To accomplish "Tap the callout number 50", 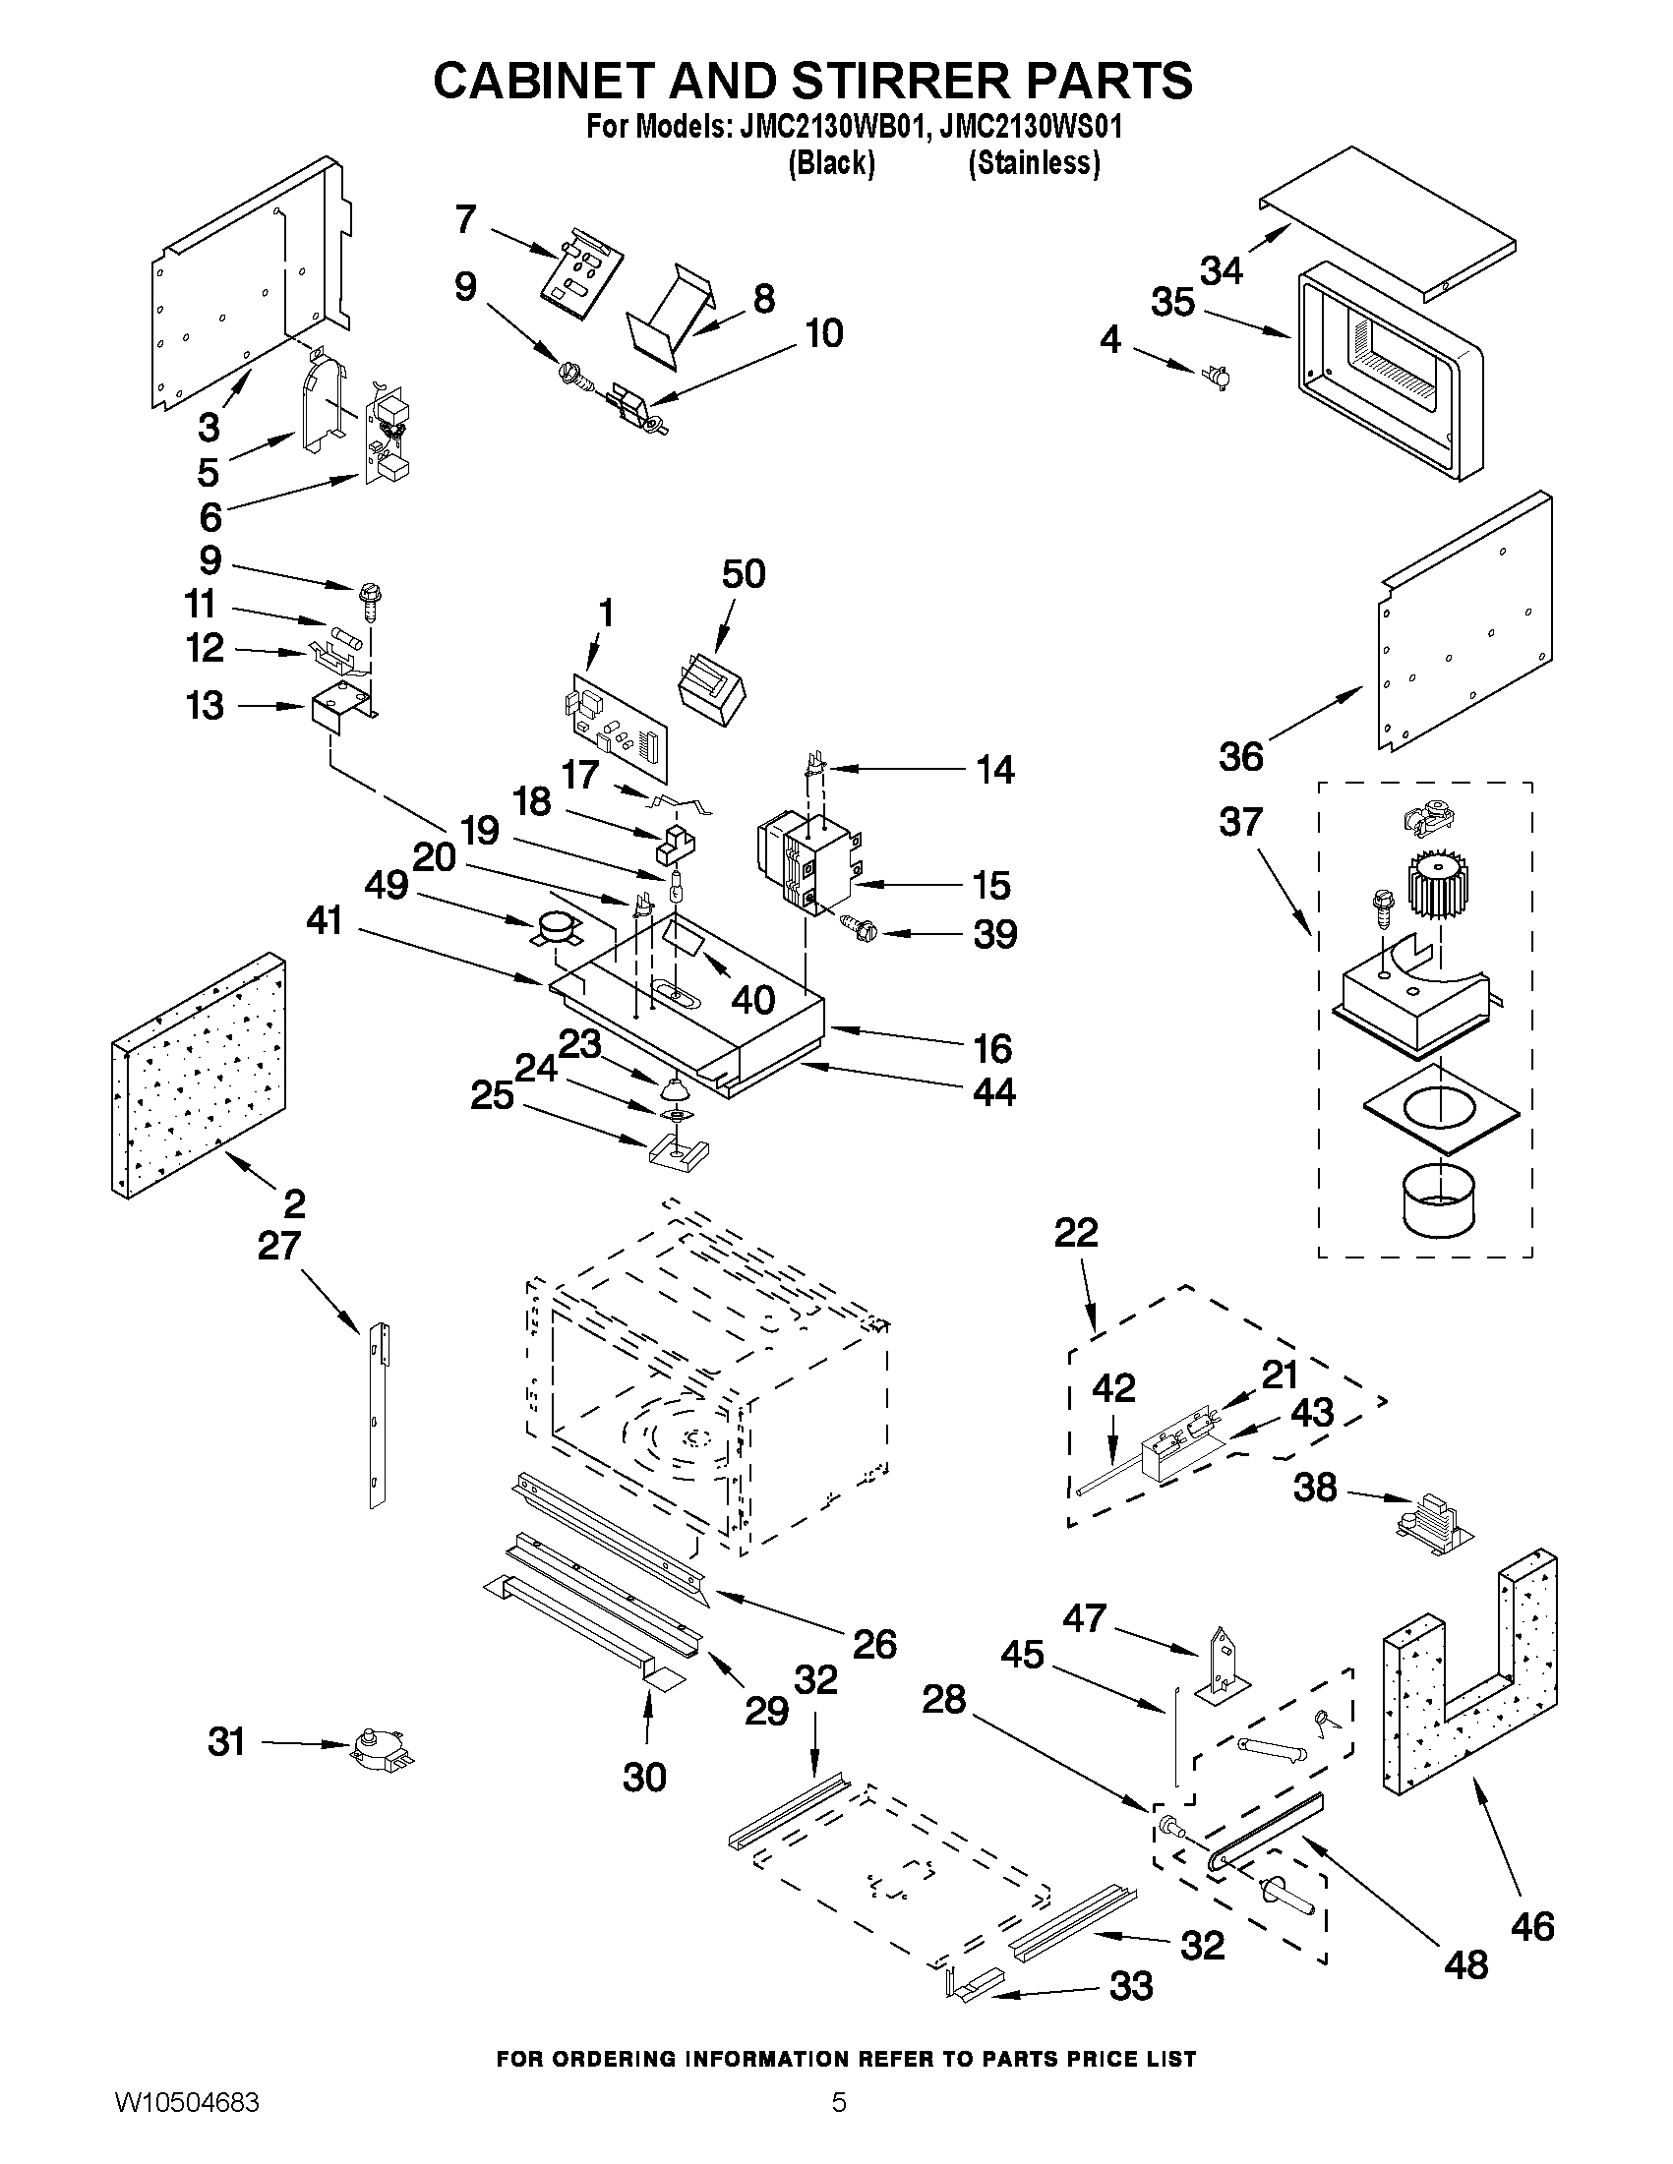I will tap(744, 574).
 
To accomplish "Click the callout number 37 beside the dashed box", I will tap(1240, 821).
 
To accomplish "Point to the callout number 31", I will tap(226, 1741).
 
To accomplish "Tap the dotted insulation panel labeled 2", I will tap(199, 1075).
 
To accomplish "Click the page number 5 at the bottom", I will tap(839, 2129).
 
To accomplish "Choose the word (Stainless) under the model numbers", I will tap(1034, 163).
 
